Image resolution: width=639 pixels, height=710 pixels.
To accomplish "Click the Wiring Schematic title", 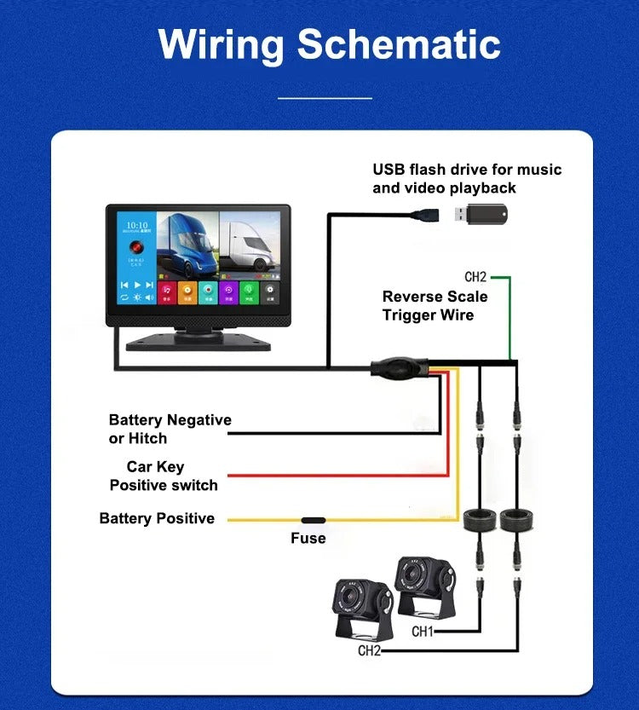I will pos(329,44).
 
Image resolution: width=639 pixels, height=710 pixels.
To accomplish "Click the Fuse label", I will pos(308,539).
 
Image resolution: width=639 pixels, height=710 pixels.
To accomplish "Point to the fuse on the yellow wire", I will pos(312,519).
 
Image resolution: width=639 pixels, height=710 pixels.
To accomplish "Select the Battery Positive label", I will pos(157,518).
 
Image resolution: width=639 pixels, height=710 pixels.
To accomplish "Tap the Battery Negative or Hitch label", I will pos(170,429).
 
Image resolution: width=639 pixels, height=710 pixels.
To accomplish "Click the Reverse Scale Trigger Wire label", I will pos(435,306).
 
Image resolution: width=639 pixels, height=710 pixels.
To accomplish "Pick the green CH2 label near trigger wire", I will pos(475,277).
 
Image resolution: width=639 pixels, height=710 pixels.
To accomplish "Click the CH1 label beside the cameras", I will pos(423,632).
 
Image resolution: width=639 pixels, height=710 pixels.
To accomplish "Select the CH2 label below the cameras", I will pos(369,651).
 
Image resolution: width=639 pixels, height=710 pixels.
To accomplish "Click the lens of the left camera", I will pos(349,597).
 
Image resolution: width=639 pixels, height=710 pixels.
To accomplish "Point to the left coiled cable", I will pos(480,518).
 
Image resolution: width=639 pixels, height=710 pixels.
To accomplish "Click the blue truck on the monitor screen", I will pos(185,244).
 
